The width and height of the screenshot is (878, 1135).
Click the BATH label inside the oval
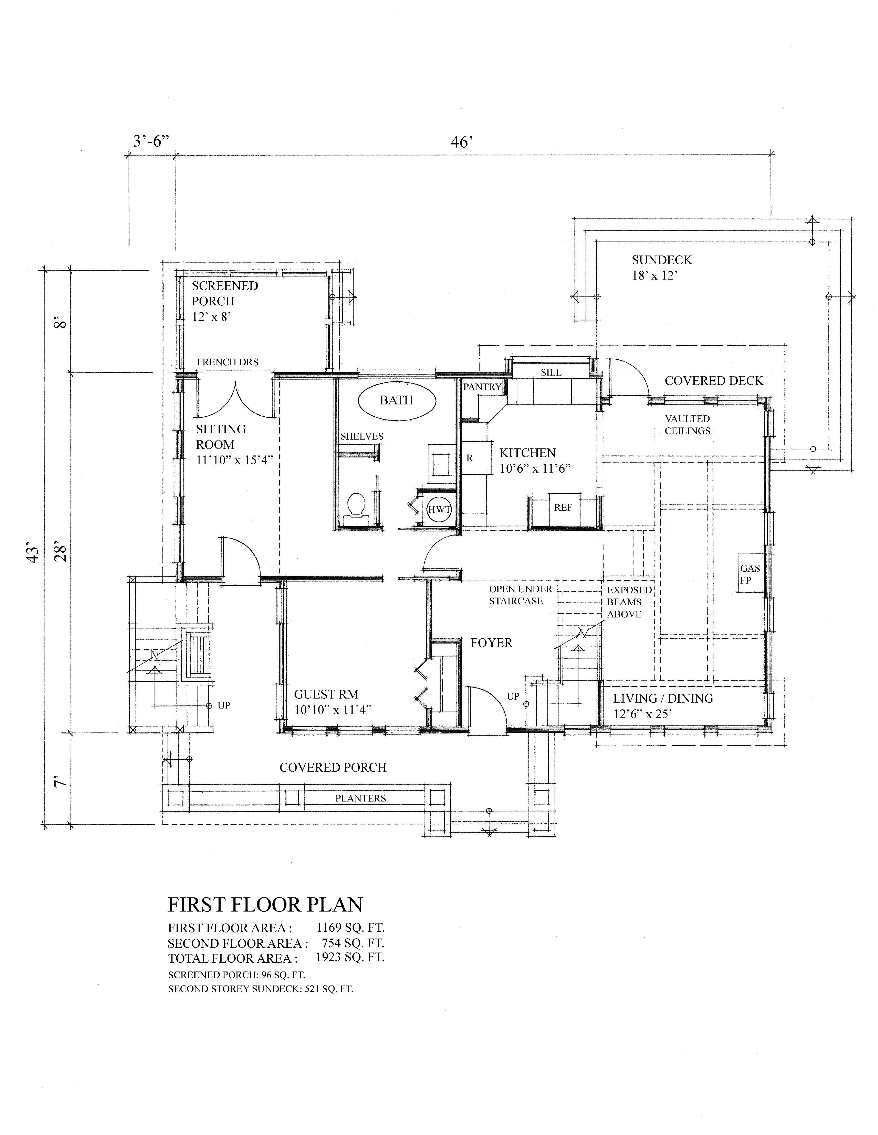coord(396,400)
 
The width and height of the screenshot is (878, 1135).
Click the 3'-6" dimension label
coord(151,141)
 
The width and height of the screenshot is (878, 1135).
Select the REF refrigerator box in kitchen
coord(563,508)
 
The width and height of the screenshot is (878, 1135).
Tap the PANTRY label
coord(482,387)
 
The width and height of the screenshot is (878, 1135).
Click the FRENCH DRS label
coord(227,362)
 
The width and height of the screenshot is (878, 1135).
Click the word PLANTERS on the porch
coord(360,798)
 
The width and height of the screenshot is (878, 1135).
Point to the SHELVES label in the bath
coord(362,437)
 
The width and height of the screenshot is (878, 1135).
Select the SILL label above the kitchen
coord(551,373)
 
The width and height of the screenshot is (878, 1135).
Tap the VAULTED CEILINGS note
coord(687,425)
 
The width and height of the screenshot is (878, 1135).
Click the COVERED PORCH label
coord(333,768)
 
